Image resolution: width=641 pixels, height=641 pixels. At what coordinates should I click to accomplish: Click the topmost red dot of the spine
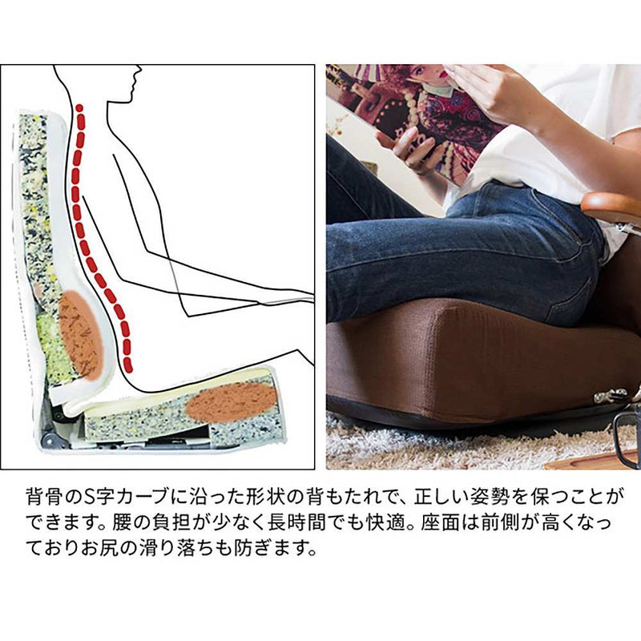tap(79, 108)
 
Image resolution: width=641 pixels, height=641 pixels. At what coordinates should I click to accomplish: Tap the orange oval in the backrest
tap(81, 334)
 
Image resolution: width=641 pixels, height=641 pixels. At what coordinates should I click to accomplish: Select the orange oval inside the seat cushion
tap(232, 402)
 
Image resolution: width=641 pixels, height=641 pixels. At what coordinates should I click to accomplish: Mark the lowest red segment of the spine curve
tap(128, 365)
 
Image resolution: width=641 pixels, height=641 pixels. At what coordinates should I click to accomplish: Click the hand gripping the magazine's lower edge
tap(409, 149)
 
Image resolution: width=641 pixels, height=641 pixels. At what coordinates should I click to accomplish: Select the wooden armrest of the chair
tap(611, 208)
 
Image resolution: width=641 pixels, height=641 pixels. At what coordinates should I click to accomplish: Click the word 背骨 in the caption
tap(39, 497)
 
